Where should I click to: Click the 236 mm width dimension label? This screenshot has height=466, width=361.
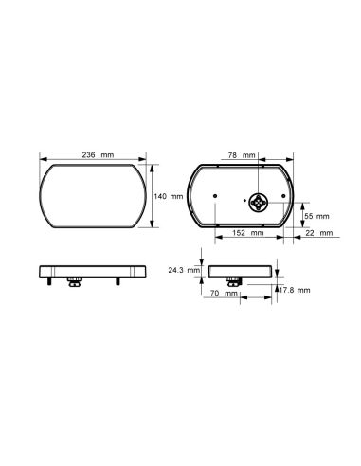point(98,155)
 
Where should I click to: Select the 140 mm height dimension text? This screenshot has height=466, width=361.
point(169,196)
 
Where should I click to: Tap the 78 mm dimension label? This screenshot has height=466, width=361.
point(242,155)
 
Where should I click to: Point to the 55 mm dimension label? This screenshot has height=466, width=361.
point(316,216)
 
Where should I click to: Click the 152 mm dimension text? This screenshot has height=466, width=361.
point(248,233)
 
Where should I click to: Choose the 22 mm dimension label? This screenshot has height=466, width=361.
point(319,233)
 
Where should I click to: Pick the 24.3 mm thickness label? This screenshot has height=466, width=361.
point(184,270)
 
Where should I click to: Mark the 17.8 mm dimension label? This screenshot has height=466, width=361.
point(295,290)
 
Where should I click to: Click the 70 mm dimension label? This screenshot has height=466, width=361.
point(224,294)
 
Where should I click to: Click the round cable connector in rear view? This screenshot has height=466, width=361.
point(259,203)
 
